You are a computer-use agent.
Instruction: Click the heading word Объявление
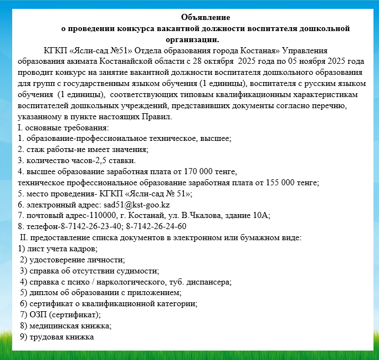tap(206, 18)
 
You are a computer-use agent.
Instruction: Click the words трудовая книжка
tap(63, 336)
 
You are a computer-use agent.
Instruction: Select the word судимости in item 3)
tap(137, 270)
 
